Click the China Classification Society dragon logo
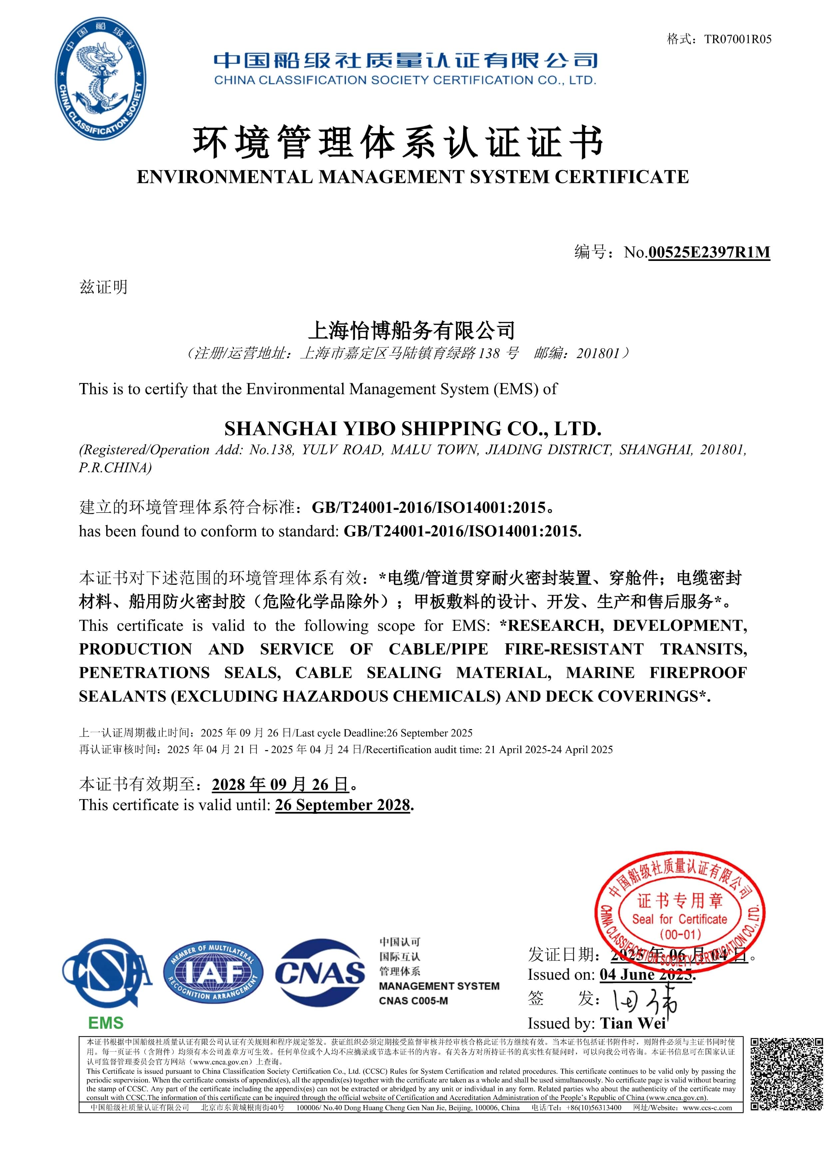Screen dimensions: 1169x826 [x=100, y=79]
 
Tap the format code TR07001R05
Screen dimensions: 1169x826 [x=737, y=39]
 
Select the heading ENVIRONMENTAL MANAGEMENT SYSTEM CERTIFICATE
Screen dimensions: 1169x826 [x=413, y=177]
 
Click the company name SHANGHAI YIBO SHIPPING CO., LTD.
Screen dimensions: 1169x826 [x=413, y=429]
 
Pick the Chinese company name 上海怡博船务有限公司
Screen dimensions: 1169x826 [x=412, y=331]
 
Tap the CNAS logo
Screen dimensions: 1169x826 [x=320, y=975]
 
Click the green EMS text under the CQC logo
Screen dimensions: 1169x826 [x=106, y=1023]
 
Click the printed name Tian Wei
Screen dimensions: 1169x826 [x=632, y=1023]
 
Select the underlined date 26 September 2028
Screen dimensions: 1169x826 [x=342, y=805]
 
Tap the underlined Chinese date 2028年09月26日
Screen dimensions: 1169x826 [x=280, y=784]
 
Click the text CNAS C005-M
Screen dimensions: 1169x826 [x=413, y=1001]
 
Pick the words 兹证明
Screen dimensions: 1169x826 [x=103, y=288]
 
